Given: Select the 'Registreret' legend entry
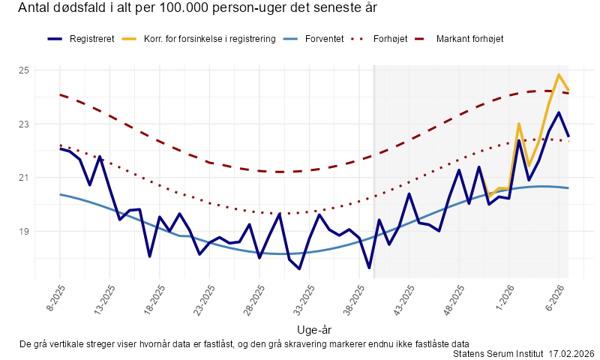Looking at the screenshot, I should pos(91,38).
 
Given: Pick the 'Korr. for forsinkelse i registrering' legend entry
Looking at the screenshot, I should pos(209,38).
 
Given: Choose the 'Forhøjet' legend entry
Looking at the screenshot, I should pos(390,38).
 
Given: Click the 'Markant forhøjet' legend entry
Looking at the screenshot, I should pos(469,38).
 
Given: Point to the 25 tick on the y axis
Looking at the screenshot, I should pos(23,70).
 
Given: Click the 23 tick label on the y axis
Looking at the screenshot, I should pos(23,124).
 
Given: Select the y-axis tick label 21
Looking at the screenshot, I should pos(23,178).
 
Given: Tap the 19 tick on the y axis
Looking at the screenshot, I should pos(23,232).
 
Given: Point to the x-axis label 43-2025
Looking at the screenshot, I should pos(406,298).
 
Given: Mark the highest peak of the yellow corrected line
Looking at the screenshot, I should pos(559,75).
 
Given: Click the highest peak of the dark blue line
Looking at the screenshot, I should pos(559,112).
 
